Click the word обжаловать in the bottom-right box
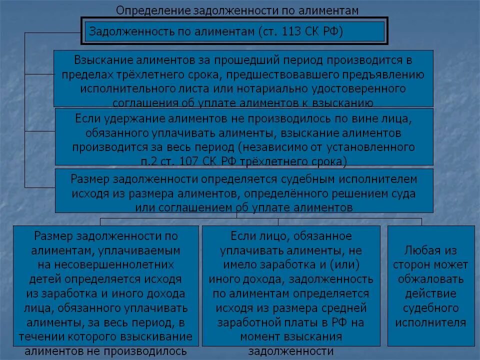[430, 278]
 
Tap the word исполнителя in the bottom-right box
[430, 322]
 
